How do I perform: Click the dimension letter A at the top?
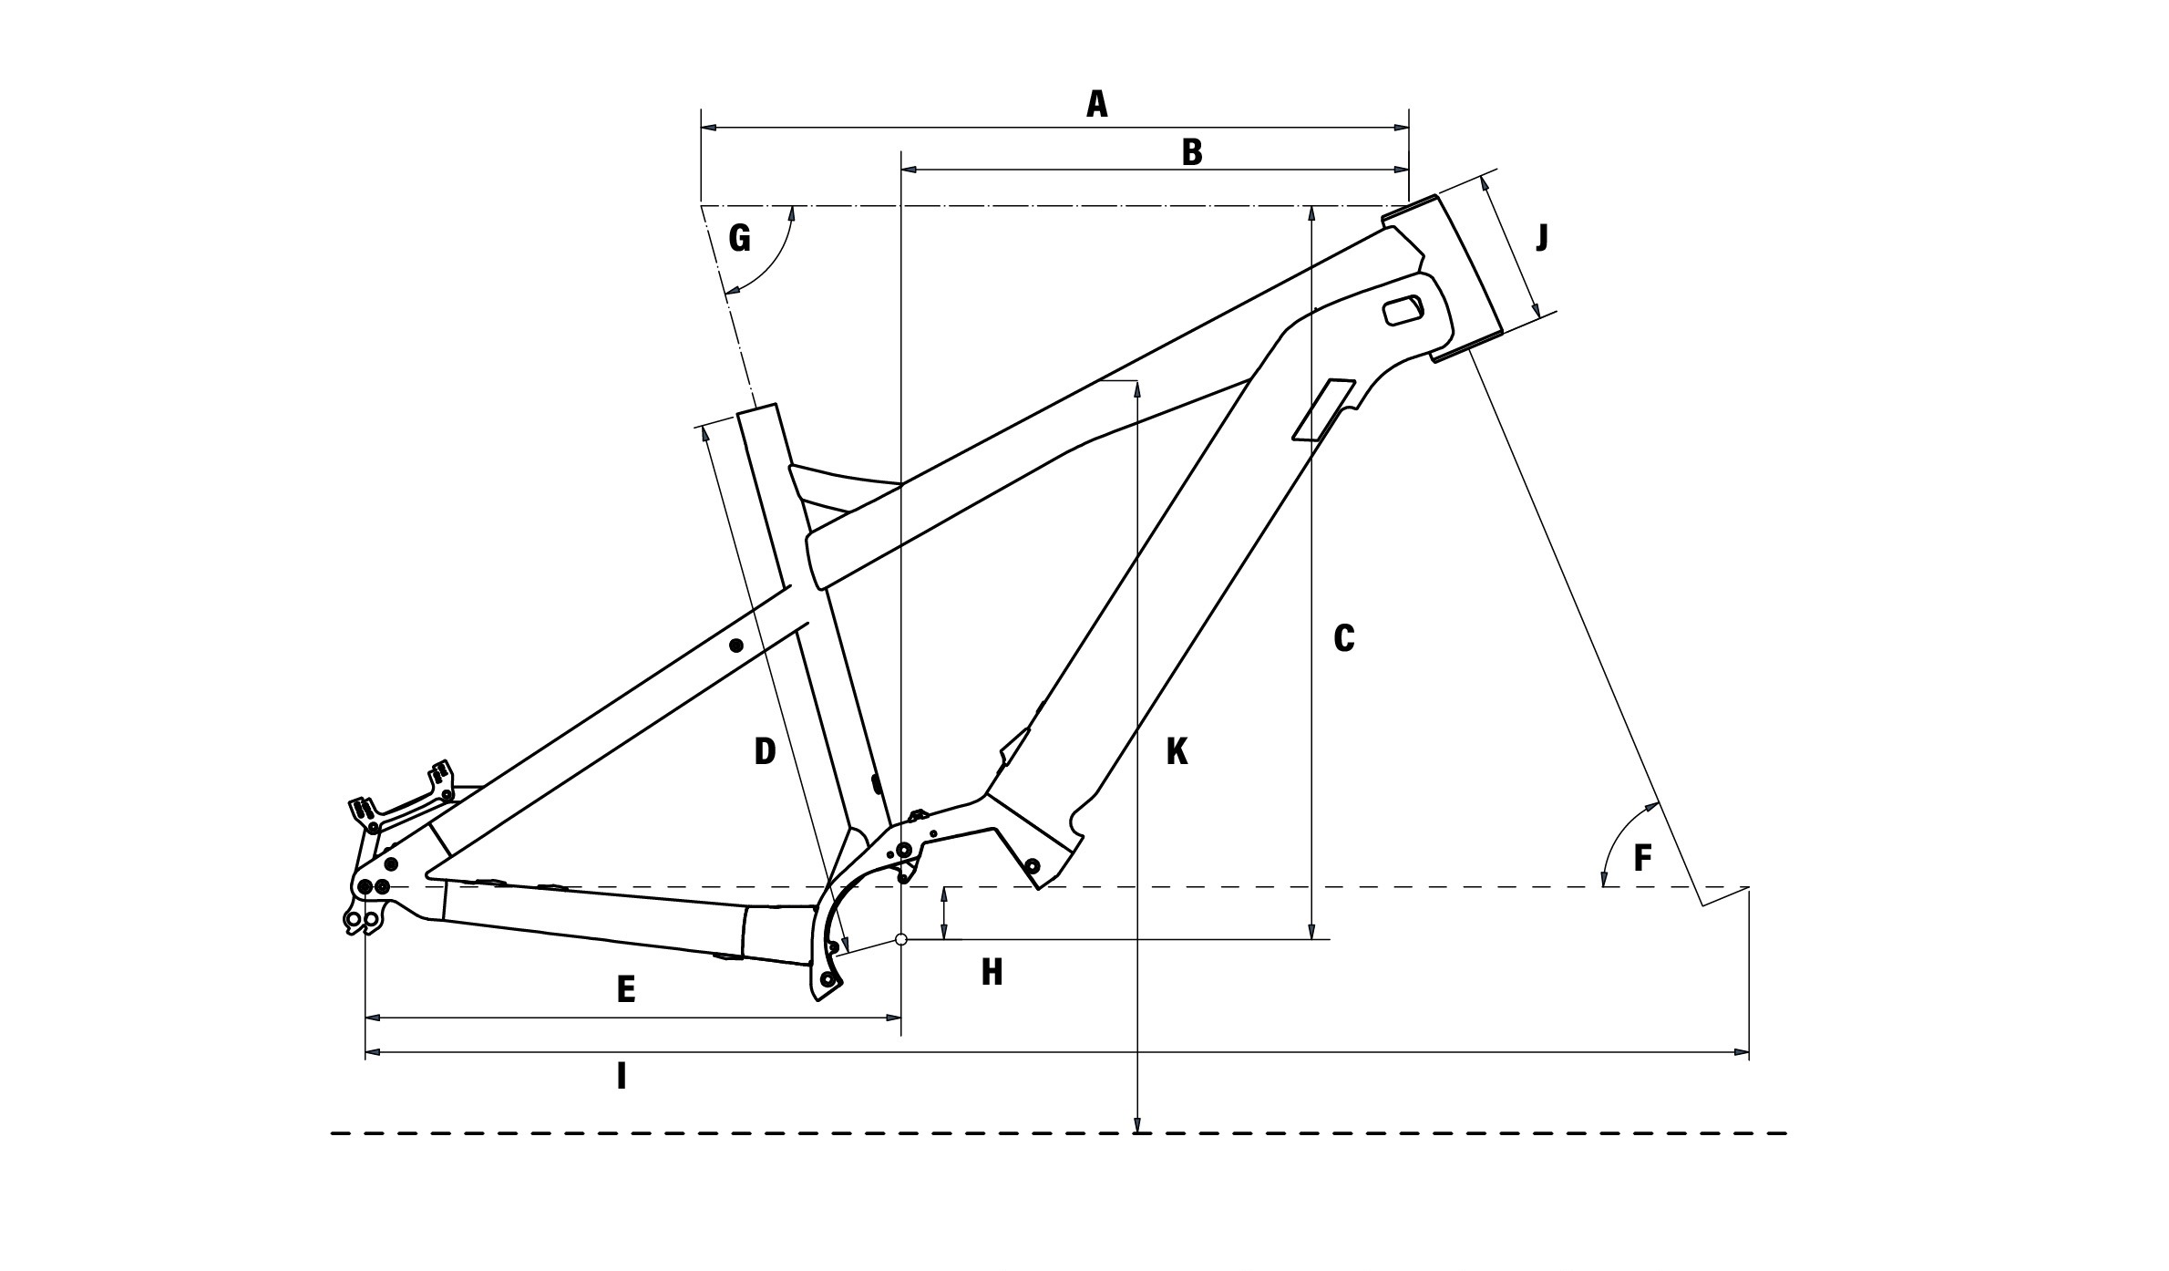[x=1097, y=105]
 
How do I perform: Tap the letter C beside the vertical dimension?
[x=1343, y=639]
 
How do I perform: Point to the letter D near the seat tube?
[x=765, y=751]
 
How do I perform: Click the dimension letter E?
[x=625, y=989]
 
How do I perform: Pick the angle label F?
[x=1642, y=858]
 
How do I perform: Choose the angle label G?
[x=740, y=239]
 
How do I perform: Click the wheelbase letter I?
[x=622, y=1077]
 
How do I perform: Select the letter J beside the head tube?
[x=1541, y=238]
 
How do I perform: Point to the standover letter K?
[x=1177, y=752]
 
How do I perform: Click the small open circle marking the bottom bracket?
[x=901, y=939]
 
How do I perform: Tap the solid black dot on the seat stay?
[x=736, y=646]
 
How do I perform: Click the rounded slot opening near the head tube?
[x=1403, y=309]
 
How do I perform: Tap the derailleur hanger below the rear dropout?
[x=362, y=922]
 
